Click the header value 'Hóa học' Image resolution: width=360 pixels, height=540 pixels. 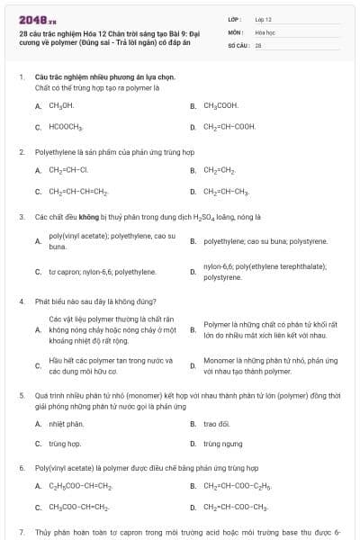coord(265,31)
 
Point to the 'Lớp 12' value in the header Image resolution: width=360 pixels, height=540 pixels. coord(264,18)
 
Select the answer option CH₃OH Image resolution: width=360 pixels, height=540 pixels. coord(60,105)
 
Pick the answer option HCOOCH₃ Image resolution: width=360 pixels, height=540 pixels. coord(65,127)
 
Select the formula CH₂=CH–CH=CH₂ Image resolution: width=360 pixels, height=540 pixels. coord(78,191)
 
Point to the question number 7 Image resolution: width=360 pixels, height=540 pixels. coord(22,533)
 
